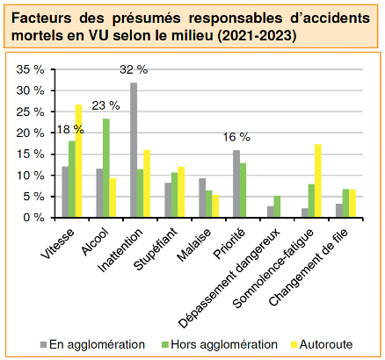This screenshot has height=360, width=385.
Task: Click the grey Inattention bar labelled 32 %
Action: pos(134,150)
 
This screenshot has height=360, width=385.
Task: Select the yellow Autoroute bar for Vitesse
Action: pos(78,161)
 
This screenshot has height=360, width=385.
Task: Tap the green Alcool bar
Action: pos(106,168)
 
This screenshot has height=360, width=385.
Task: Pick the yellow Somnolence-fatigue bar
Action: pos(318,181)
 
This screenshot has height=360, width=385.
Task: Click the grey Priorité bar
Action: pos(236,184)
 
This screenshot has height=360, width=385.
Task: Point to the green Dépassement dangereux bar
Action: pos(277,206)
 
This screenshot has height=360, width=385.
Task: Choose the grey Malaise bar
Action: pos(202,198)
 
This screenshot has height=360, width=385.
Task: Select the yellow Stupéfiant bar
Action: pos(181,192)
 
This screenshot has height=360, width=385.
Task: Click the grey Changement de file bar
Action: pos(339,211)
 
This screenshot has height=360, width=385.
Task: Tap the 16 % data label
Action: pos(236,137)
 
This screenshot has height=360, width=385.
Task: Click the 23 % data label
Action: pos(105,105)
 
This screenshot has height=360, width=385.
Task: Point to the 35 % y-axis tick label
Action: pos(30,69)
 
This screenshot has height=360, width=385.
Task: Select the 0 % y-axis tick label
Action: pos(33,218)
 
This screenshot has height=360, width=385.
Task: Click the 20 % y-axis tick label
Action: pos(30,133)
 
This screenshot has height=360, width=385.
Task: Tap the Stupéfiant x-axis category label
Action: pos(156,248)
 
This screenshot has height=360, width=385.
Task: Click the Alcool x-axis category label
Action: pos(95,241)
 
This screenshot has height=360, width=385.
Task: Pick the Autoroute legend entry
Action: pos(322,344)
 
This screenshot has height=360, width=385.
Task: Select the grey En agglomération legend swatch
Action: pos(43,345)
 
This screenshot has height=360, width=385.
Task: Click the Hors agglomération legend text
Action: pos(224,344)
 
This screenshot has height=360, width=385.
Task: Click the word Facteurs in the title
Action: pos(41,18)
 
